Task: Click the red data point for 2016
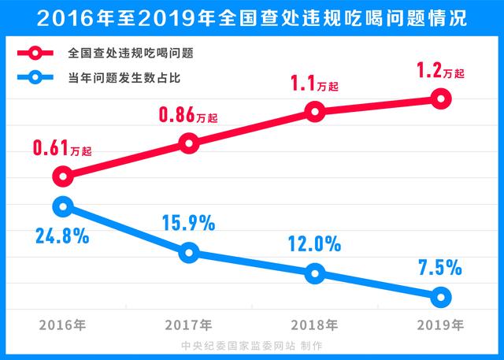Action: click(x=63, y=176)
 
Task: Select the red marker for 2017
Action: click(x=189, y=143)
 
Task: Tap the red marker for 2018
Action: click(x=315, y=112)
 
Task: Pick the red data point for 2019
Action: click(x=441, y=98)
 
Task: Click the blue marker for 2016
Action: click(x=63, y=206)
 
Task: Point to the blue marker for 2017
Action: click(x=189, y=253)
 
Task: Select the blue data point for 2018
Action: click(x=315, y=273)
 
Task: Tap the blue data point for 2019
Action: click(x=441, y=297)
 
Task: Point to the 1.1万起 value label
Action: click(x=315, y=83)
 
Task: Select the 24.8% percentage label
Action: click(x=61, y=236)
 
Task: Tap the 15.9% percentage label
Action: click(x=188, y=224)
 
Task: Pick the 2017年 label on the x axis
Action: click(x=189, y=325)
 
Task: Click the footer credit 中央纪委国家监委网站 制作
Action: click(x=252, y=346)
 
